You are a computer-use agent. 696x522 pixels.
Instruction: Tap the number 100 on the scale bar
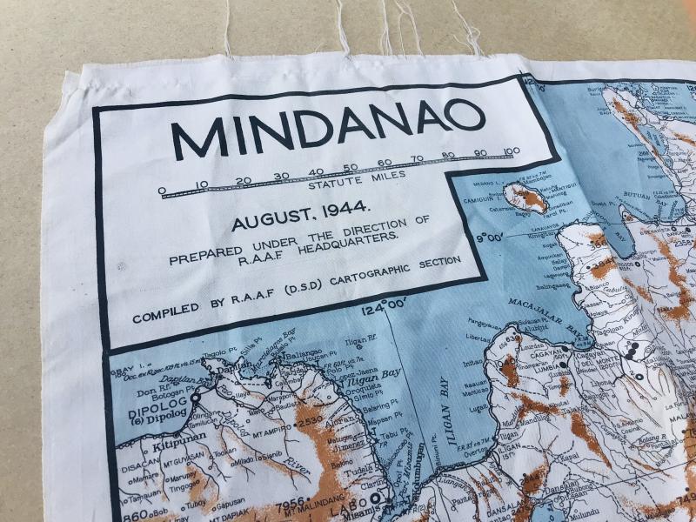point(512,151)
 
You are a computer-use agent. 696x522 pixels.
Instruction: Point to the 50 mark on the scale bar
point(350,168)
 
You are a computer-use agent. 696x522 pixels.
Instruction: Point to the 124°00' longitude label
point(385,305)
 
